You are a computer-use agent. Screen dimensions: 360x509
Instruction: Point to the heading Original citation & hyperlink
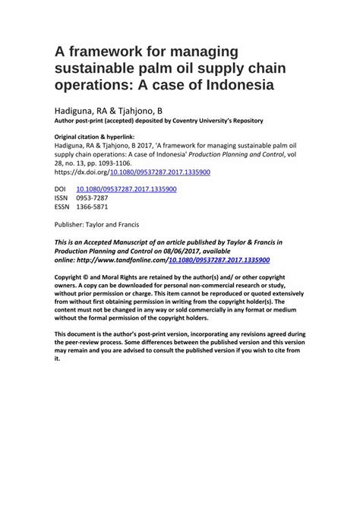coord(95,135)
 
